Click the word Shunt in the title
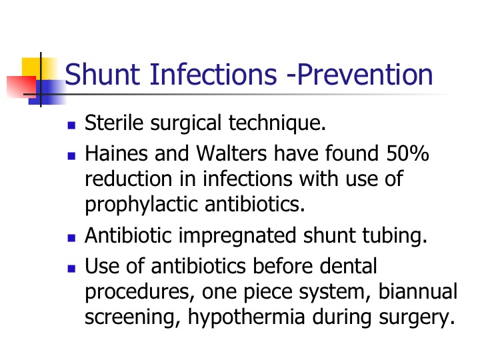103,74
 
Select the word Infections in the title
213,74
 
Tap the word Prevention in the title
365,74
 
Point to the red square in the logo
21,87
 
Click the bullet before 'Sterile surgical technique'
71,125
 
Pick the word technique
277,123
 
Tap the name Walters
231,153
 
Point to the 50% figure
407,153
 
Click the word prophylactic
141,205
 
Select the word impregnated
237,236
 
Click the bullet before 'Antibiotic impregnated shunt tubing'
71,238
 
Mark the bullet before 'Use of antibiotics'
71,269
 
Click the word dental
349,266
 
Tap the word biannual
418,291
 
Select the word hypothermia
246,317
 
